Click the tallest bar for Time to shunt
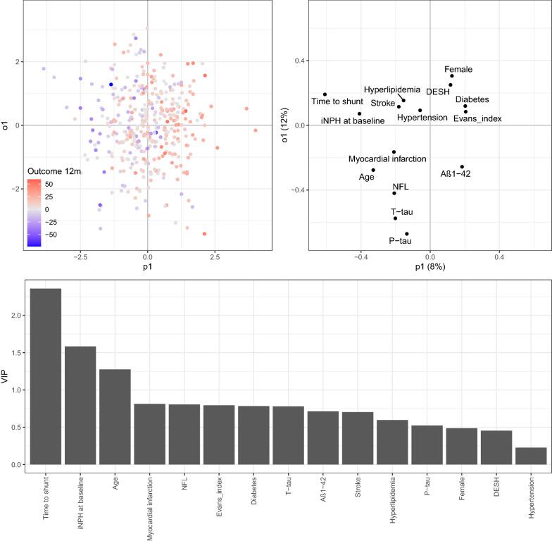(x=46, y=376)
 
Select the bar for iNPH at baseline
(x=80, y=405)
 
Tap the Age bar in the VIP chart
(x=115, y=416)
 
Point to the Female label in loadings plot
(x=458, y=69)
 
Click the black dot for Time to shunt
(x=325, y=94)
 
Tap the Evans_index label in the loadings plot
(x=477, y=118)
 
